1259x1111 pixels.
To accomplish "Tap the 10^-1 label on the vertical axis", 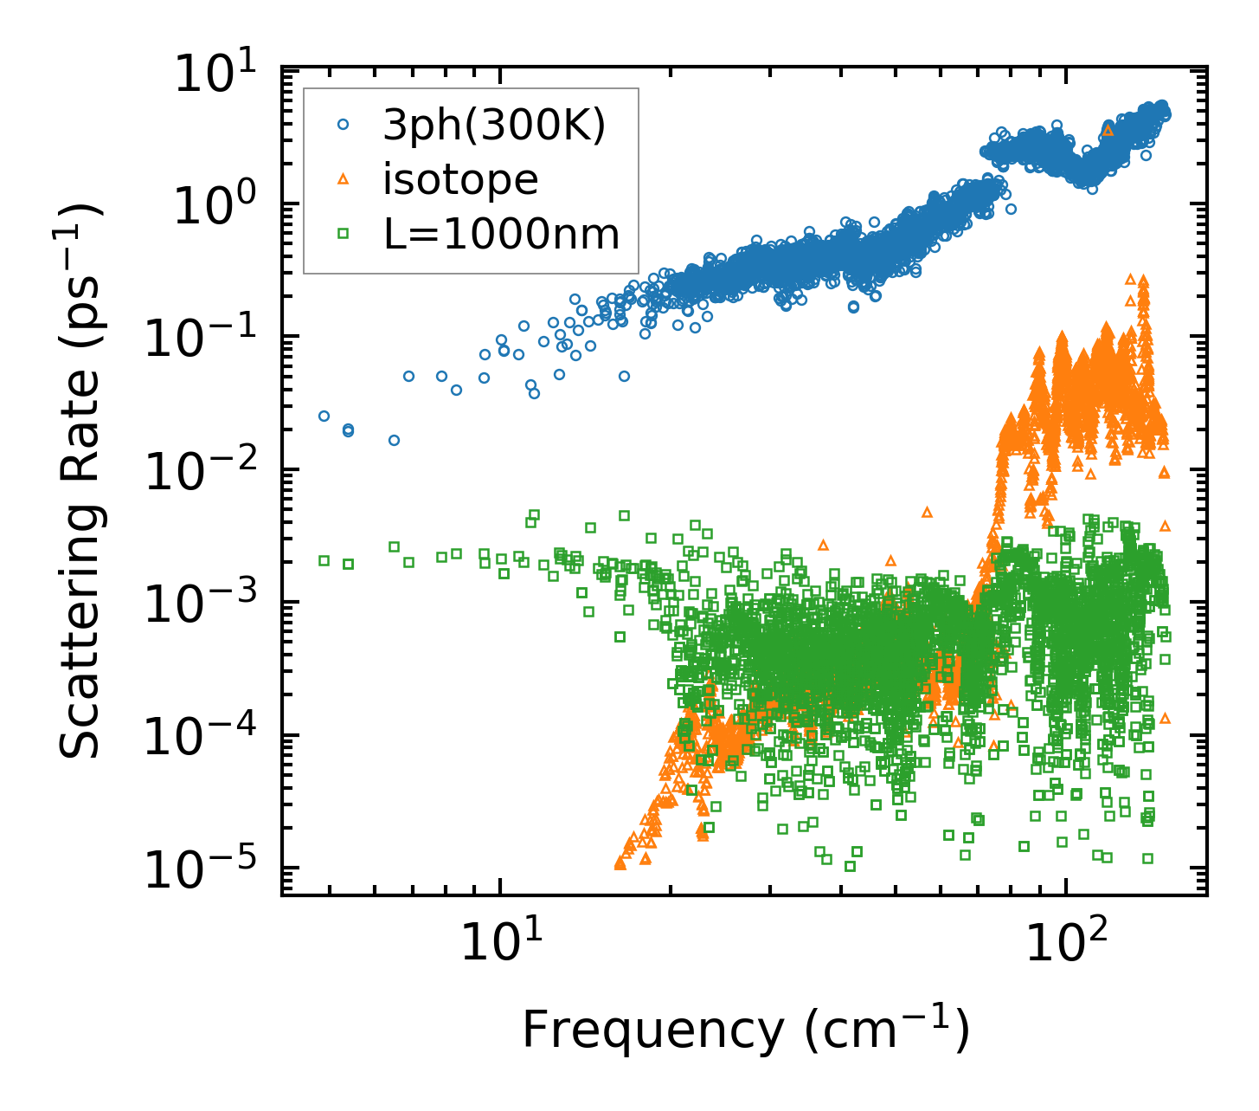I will pos(208,340).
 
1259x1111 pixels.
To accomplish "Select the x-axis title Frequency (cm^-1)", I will pos(744,1030).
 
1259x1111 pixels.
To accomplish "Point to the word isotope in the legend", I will pos(461,180).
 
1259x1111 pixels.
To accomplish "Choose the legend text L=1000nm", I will pos(502,234).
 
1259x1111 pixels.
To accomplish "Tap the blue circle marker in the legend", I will pos(344,126).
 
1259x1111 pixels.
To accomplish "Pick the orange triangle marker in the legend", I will pos(344,179).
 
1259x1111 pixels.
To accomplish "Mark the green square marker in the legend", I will pos(344,233).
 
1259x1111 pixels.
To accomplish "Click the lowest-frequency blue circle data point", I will pos(324,416).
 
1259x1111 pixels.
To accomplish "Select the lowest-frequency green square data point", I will pos(324,560).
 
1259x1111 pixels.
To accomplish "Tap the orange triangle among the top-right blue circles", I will pos(1108,131).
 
